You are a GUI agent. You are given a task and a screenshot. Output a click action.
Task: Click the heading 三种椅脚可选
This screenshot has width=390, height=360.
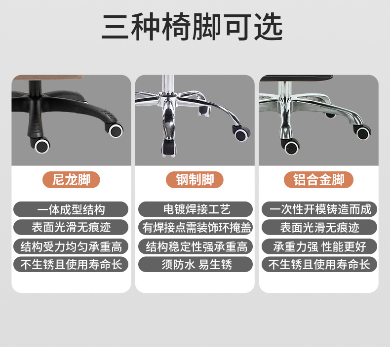pyautogui.click(x=193, y=27)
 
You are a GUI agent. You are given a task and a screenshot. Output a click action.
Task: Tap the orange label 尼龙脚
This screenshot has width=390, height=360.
pyautogui.click(x=71, y=180)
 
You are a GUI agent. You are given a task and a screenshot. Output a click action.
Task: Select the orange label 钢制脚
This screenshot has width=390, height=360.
pyautogui.click(x=195, y=180)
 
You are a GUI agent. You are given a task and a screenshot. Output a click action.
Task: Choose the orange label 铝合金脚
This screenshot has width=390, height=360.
pyautogui.click(x=319, y=180)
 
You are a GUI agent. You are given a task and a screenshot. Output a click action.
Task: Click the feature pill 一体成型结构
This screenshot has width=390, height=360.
pyautogui.click(x=71, y=209)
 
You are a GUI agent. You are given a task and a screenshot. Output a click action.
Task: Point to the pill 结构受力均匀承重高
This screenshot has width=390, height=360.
pyautogui.click(x=71, y=246)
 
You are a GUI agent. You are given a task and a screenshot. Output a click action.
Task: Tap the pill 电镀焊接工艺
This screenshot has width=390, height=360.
pyautogui.click(x=195, y=209)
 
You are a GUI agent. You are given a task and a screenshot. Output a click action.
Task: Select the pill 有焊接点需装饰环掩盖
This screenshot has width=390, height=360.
pyautogui.click(x=195, y=228)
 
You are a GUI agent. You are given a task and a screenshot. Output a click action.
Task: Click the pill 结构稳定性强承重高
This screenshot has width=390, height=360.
pyautogui.click(x=195, y=246)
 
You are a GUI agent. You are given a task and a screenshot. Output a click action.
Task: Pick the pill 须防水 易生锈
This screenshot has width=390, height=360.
pyautogui.click(x=195, y=264)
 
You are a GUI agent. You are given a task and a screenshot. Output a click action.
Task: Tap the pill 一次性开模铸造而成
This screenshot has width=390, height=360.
pyautogui.click(x=319, y=209)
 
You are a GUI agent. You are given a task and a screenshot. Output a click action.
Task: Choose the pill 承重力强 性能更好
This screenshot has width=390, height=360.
pyautogui.click(x=319, y=246)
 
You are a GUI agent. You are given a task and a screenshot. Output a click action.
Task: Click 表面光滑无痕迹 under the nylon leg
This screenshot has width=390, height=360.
pyautogui.click(x=71, y=228)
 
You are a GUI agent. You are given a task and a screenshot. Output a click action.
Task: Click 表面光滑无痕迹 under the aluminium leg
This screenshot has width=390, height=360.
pyautogui.click(x=319, y=228)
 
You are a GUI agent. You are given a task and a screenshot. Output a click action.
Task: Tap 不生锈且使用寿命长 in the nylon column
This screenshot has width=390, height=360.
pyautogui.click(x=71, y=264)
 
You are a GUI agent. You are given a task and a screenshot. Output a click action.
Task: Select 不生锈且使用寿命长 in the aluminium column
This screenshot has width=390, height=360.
pyautogui.click(x=319, y=264)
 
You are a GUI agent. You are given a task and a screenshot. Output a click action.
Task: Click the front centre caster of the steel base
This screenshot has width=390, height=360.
pyautogui.click(x=168, y=147)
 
